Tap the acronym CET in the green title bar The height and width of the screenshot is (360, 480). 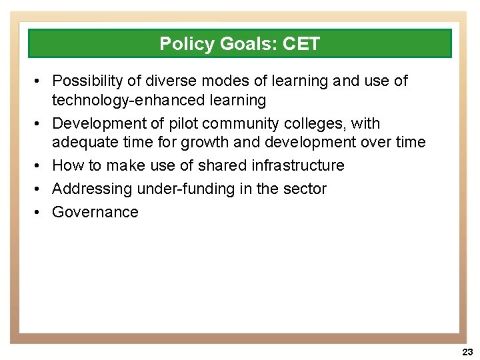(301, 44)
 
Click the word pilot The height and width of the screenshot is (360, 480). (182, 124)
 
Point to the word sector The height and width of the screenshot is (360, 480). (305, 189)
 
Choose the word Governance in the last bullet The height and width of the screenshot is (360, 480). (95, 213)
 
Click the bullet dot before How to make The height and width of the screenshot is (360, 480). (39, 166)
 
